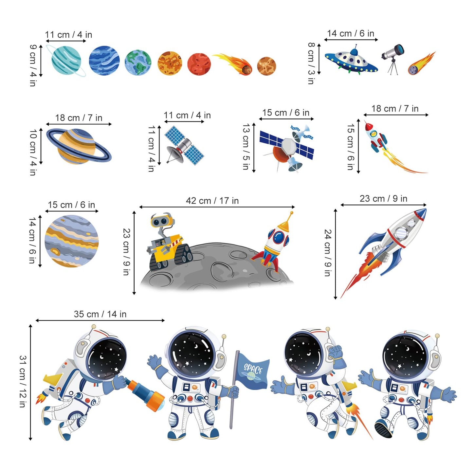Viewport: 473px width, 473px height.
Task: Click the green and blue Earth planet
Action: (138, 62)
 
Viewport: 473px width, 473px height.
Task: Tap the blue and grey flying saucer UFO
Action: (351, 61)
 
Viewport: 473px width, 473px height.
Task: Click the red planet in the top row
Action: (199, 64)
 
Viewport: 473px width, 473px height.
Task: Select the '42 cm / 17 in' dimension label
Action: (212, 201)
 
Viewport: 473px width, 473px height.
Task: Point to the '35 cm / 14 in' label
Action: (100, 314)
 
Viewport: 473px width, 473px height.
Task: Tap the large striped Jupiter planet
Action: (72, 241)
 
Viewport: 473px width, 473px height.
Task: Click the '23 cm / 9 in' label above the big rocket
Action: (383, 198)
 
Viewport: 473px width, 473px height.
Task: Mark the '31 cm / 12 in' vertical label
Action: (22, 382)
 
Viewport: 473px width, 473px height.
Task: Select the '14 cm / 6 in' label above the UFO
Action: (351, 33)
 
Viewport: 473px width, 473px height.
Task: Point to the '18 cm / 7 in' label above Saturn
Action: (79, 118)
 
